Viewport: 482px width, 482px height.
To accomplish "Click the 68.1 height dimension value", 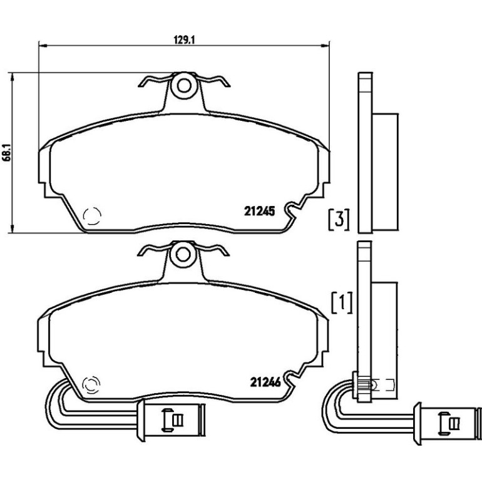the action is tap(7, 152).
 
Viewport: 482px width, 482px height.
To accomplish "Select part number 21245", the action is tap(259, 211).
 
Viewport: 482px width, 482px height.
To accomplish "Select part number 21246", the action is tap(265, 382).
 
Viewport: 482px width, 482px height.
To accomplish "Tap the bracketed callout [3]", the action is tap(339, 220).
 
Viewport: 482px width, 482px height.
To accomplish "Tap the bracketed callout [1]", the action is tap(342, 302).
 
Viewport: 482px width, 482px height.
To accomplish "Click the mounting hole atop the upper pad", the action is tap(184, 86).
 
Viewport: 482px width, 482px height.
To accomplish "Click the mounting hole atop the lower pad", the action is tap(183, 255).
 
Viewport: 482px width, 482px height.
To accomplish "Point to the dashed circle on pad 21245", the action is tap(92, 215).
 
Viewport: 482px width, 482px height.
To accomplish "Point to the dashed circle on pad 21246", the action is tap(91, 384).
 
